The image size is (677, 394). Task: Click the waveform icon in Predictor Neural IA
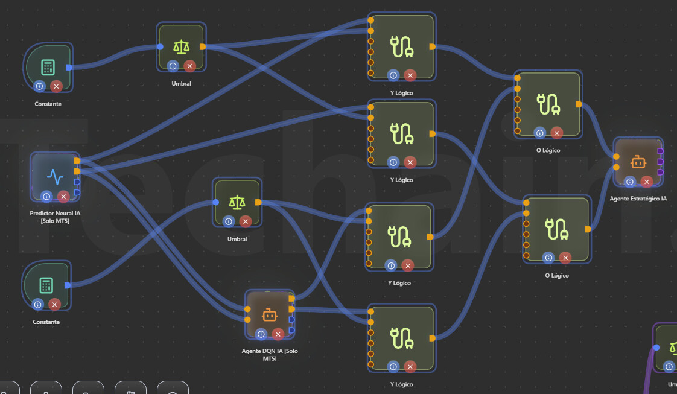point(55,177)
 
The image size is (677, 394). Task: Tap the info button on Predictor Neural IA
point(46,196)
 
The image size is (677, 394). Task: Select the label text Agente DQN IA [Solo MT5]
point(270,355)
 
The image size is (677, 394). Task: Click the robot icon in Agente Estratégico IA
point(638,162)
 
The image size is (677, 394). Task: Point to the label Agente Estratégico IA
point(638,199)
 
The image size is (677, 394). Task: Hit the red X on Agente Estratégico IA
point(646,182)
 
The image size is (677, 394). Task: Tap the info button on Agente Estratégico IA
point(629,182)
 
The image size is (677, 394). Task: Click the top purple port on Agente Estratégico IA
point(660,151)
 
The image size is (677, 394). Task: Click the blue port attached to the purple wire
point(656,347)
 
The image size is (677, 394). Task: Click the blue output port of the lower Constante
point(68,285)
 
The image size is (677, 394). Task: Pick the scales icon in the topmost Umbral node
point(181,46)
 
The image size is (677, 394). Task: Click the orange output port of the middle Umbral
point(258,202)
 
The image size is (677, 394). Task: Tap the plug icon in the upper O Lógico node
point(547,104)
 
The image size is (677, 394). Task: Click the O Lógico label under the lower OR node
point(556,275)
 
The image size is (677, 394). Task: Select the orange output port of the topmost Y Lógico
point(432,46)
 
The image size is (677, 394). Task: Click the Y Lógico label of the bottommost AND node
point(401,384)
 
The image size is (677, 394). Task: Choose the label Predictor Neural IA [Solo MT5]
point(55,217)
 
